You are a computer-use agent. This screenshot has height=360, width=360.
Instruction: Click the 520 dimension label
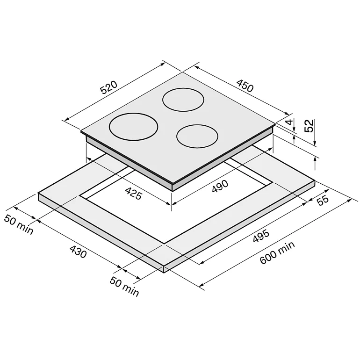109,87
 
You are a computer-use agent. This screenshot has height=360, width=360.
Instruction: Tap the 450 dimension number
245,86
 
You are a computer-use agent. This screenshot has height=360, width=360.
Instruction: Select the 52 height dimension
309,126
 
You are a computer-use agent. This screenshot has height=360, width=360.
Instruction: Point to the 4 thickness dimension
290,122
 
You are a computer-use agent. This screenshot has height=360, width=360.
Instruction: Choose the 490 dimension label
220,186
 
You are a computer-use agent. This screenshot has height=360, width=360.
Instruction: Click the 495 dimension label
261,236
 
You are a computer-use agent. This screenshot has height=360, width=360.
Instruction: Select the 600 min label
277,252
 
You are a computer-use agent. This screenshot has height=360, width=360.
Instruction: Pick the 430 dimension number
78,252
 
